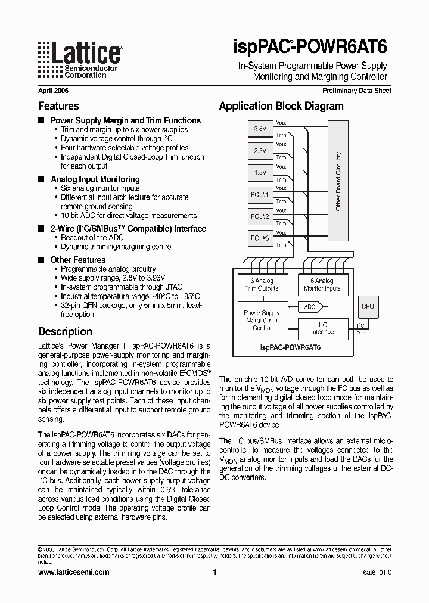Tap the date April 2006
click(53, 91)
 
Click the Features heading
click(58, 106)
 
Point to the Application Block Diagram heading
click(281, 106)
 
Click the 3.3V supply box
click(260, 129)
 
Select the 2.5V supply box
click(260, 151)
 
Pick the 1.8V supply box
click(260, 173)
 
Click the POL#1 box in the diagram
click(260, 195)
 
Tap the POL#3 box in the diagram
click(260, 238)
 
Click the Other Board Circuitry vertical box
click(338, 182)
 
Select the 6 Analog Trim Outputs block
click(262, 285)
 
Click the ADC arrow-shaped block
click(311, 307)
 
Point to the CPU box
click(368, 307)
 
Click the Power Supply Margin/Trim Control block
click(262, 321)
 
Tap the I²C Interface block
click(322, 328)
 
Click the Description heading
click(65, 332)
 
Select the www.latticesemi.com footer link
click(73, 572)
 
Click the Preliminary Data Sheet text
click(357, 91)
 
